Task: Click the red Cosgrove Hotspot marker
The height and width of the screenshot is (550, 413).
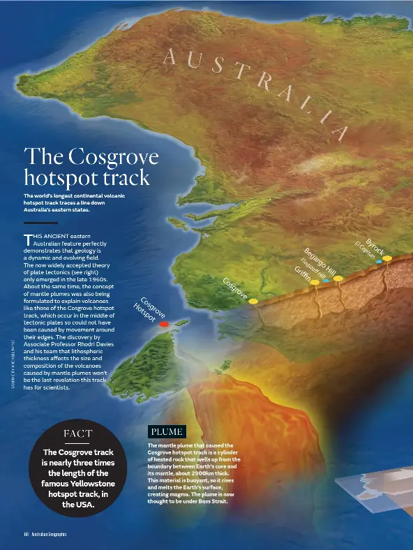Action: (163, 325)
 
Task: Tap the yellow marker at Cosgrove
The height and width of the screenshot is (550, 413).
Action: (253, 301)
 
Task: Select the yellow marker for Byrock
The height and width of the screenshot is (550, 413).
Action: (387, 258)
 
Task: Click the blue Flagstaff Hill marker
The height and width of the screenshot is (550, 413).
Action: (326, 281)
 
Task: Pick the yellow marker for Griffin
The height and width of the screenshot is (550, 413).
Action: (315, 283)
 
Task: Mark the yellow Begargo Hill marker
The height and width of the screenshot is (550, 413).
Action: (338, 278)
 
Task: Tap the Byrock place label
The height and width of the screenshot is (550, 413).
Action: (375, 246)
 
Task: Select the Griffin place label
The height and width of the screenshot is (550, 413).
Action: (302, 272)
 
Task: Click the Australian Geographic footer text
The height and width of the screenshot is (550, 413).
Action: (49, 535)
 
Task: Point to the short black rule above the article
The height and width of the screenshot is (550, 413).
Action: (40, 223)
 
